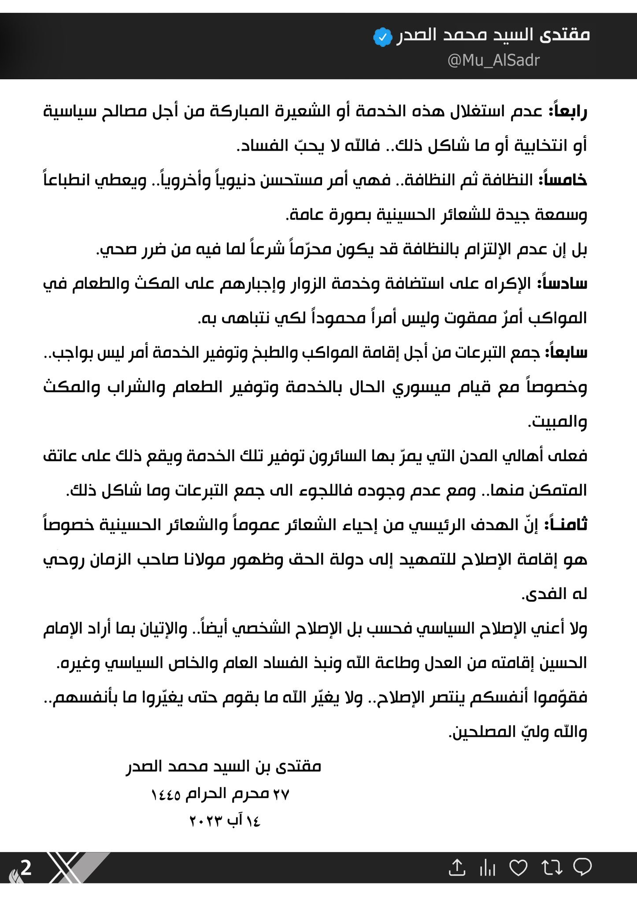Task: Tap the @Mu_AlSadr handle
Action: pyautogui.click(x=493, y=60)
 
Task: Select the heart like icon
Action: pyautogui.click(x=518, y=868)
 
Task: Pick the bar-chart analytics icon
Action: pyautogui.click(x=487, y=869)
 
